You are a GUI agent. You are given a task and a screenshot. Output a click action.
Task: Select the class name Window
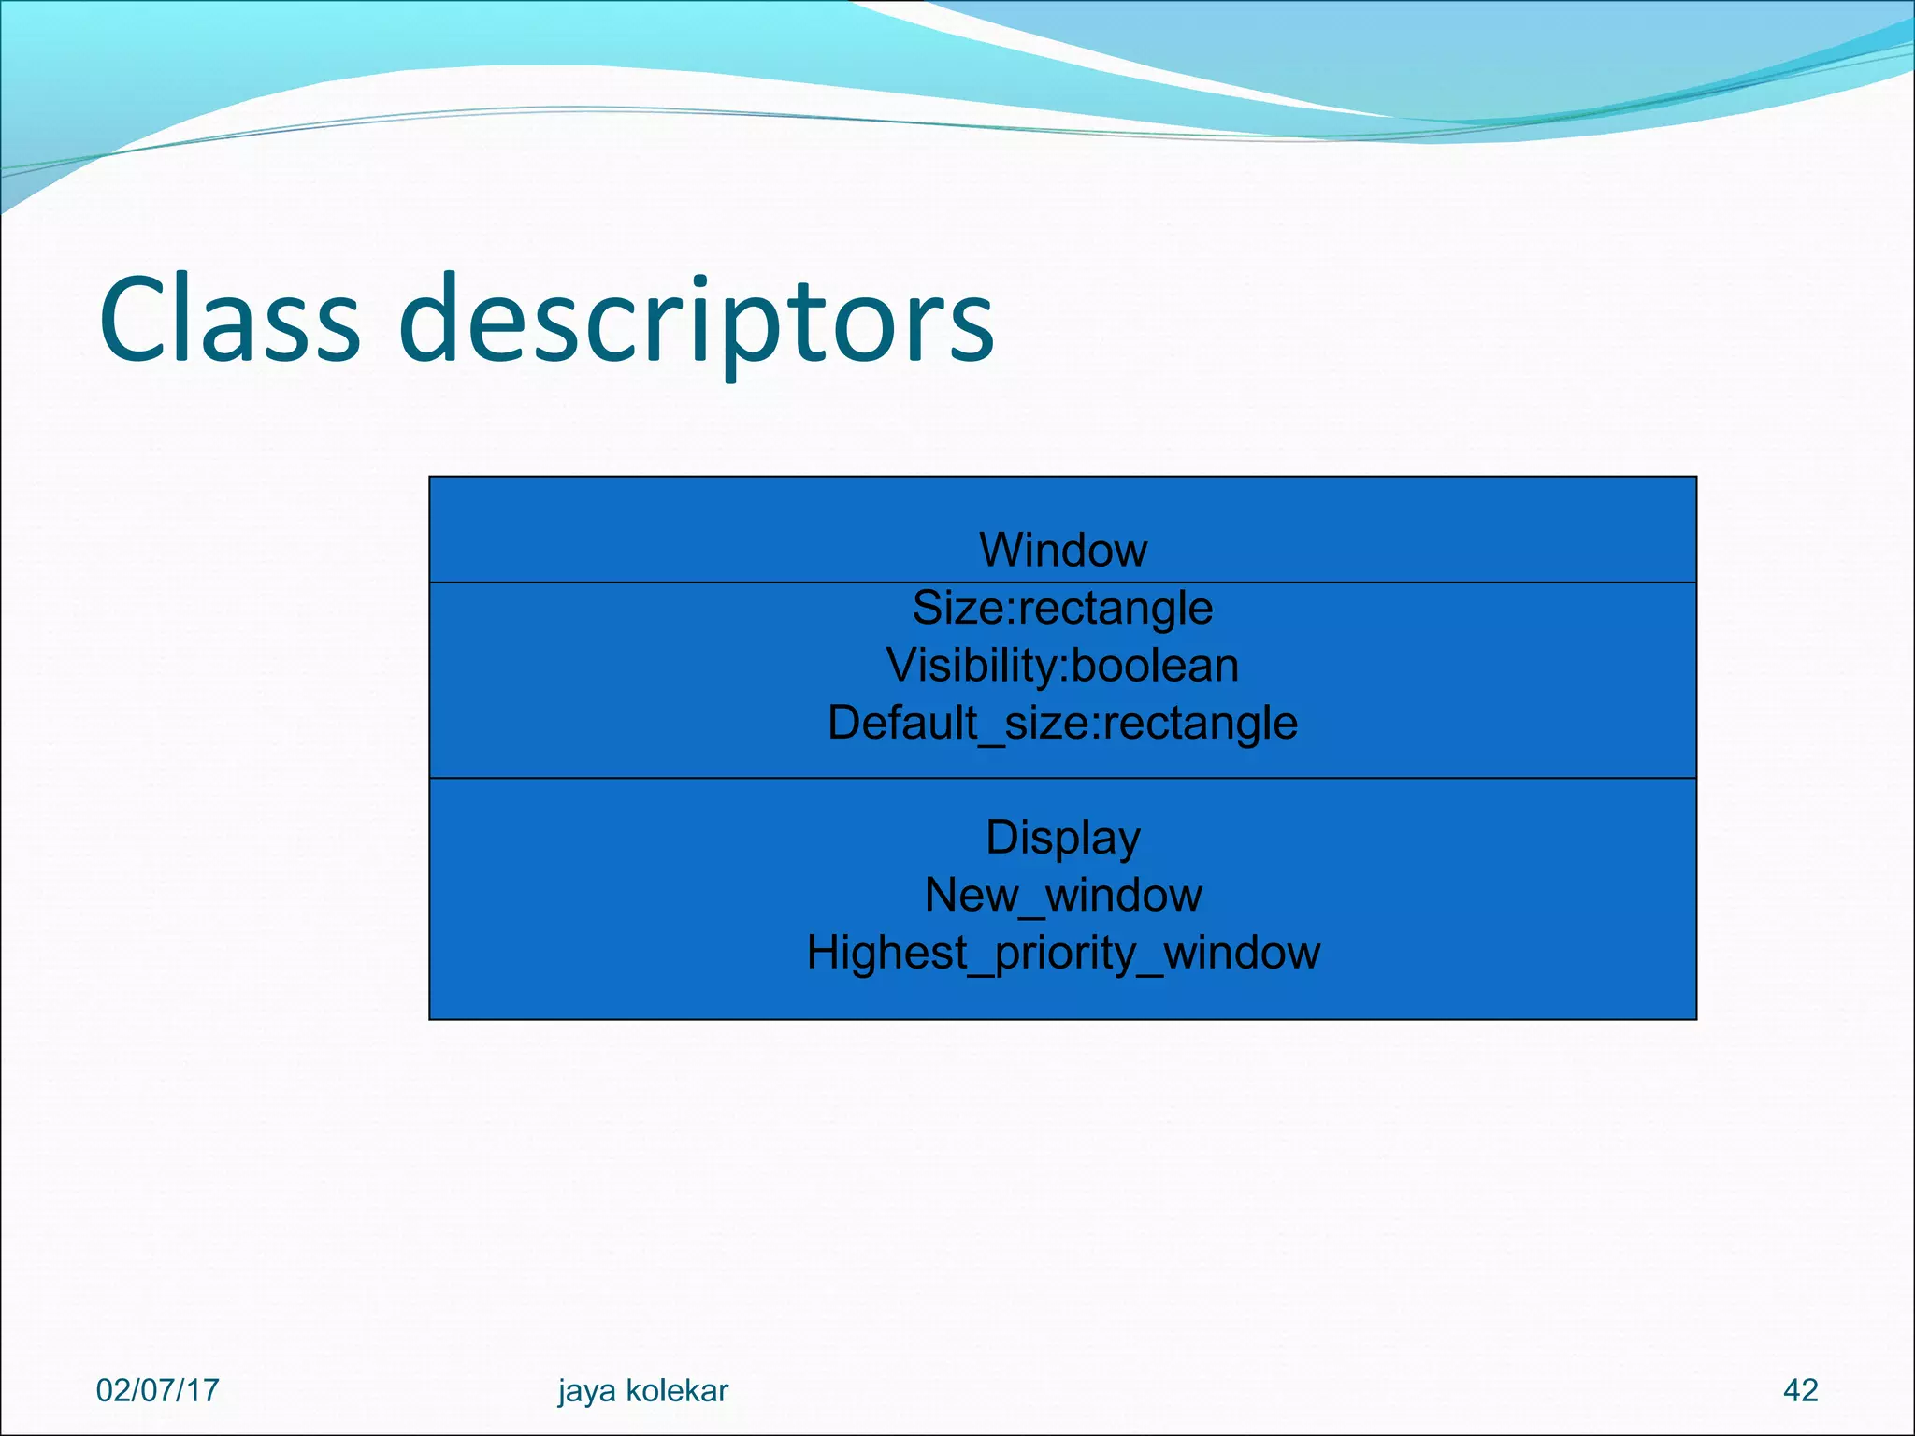coord(1063,550)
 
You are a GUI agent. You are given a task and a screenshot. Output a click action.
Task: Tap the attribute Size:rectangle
coord(1063,609)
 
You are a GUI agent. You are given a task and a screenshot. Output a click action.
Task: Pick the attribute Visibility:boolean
coord(1063,666)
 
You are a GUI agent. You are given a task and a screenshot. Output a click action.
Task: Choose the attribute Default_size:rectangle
coord(1063,724)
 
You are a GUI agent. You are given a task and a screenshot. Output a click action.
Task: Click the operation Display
coord(1063,838)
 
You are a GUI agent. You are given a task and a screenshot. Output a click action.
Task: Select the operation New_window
coord(1063,896)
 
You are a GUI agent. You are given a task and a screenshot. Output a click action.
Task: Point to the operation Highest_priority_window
coord(1063,954)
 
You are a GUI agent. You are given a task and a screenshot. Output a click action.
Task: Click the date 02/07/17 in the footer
coord(157,1390)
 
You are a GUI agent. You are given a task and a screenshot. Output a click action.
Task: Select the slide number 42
coord(1801,1390)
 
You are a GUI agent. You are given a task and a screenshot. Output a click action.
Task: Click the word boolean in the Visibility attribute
coord(1155,666)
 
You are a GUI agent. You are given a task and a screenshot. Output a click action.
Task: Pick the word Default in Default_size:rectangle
coord(901,724)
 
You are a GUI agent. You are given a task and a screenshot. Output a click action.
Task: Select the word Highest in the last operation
coord(886,954)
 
